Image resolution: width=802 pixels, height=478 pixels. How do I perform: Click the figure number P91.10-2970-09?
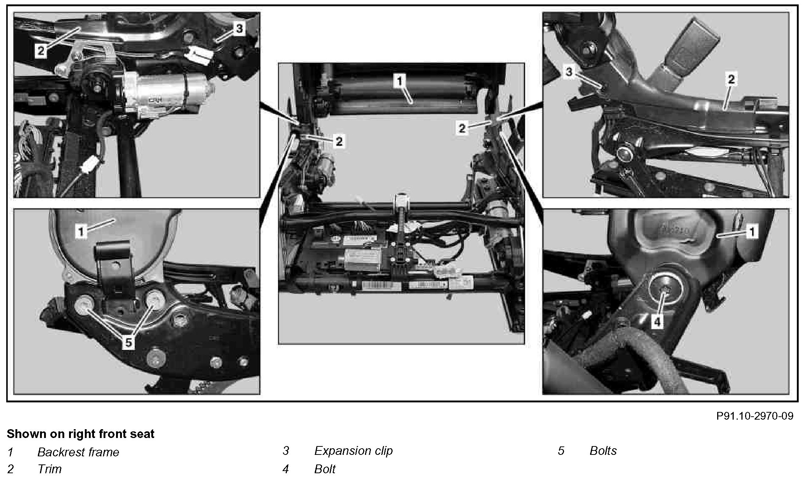click(x=755, y=416)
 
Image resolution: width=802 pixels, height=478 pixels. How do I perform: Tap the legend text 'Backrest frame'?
click(x=78, y=452)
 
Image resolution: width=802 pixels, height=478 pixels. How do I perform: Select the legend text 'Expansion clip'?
click(x=353, y=450)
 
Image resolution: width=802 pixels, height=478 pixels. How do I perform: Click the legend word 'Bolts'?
click(x=603, y=450)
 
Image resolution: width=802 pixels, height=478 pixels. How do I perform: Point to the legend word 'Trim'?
click(x=50, y=469)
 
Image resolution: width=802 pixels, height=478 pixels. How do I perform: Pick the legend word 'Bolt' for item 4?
click(x=325, y=469)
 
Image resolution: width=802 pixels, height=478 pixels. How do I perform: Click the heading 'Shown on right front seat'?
click(x=81, y=434)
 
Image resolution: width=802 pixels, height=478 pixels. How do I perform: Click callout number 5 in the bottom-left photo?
click(x=128, y=343)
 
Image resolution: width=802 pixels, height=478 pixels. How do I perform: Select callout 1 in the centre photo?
click(x=400, y=81)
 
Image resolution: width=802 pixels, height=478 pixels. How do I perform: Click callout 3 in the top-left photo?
click(x=239, y=28)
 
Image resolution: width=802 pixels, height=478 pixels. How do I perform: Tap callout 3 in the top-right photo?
click(x=569, y=72)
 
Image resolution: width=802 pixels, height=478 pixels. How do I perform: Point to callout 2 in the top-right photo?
click(x=731, y=79)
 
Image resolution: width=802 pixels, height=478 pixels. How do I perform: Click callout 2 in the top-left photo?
click(x=41, y=51)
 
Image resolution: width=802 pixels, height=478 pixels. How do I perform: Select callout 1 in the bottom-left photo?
click(x=82, y=231)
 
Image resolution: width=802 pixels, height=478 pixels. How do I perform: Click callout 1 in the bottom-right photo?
click(x=752, y=232)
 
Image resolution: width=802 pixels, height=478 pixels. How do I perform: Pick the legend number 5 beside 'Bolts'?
click(x=561, y=451)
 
